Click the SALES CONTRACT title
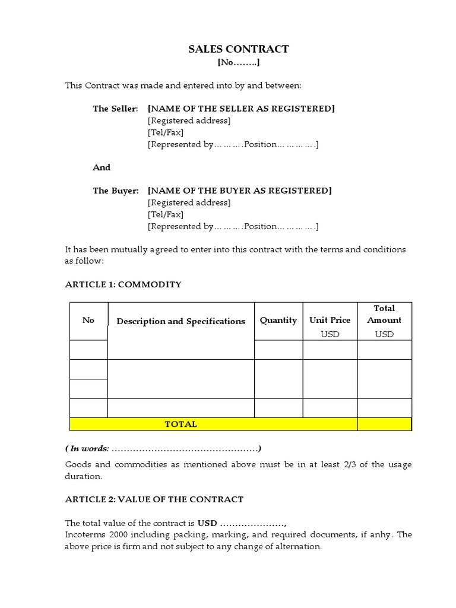click(238, 49)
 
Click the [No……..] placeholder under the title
click(238, 62)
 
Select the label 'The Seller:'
click(115, 109)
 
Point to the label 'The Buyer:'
click(115, 191)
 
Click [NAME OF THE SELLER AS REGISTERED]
click(241, 109)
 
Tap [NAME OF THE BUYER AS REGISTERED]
click(240, 191)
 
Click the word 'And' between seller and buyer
click(102, 167)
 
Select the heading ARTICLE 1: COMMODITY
click(123, 284)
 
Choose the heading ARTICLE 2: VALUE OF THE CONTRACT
click(154, 499)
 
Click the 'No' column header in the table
click(88, 320)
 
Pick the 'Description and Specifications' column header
click(180, 321)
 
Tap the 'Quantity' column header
click(278, 320)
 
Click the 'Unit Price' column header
click(330, 320)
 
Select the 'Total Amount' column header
click(384, 314)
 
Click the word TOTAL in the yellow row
click(180, 424)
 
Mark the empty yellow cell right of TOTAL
click(384, 424)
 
